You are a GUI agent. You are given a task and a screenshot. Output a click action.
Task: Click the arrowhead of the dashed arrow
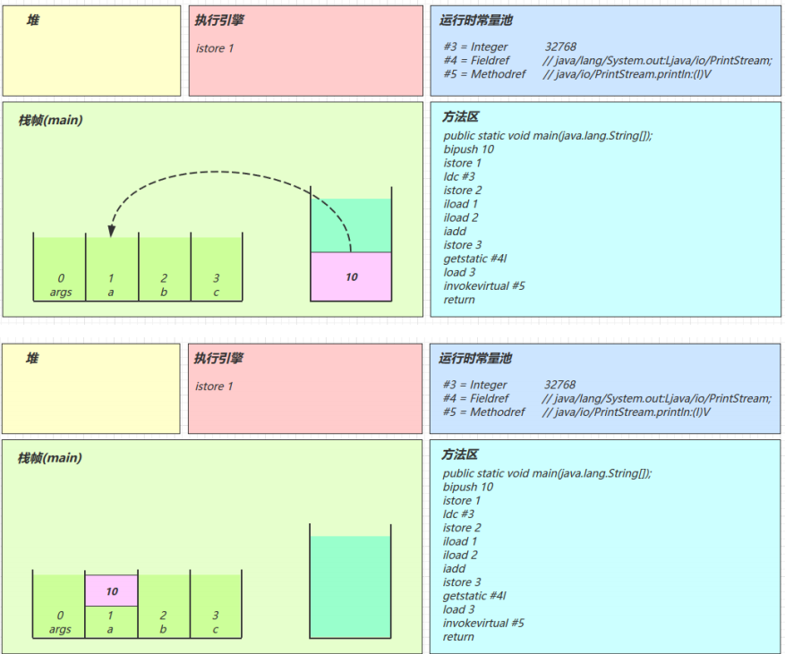point(111,231)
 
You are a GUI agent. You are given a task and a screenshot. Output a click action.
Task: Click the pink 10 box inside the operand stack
point(351,276)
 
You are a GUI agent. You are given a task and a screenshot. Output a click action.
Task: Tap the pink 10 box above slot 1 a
point(112,590)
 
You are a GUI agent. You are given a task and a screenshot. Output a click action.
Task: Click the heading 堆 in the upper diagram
point(32,20)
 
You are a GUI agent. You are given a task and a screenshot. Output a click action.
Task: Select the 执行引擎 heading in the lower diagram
point(219,358)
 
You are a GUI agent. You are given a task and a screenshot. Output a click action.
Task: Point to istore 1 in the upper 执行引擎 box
point(215,48)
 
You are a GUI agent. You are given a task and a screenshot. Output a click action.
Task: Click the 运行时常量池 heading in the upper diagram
point(476,20)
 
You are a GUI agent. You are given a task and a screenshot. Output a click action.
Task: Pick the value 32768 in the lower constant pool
point(559,385)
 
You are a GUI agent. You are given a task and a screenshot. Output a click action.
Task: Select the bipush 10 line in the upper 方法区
point(468,149)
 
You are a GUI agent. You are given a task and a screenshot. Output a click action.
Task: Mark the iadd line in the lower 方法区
point(454,568)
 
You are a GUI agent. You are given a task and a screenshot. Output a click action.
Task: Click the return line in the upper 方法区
point(459,300)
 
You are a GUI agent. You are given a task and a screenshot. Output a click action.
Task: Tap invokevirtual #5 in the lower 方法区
point(483,623)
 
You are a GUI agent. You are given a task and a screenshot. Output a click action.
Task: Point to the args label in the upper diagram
point(61,293)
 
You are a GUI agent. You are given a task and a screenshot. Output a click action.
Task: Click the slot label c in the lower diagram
point(216,630)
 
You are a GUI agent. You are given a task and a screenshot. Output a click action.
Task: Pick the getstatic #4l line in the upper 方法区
point(474,259)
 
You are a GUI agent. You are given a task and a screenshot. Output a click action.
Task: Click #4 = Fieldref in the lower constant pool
point(475,398)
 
